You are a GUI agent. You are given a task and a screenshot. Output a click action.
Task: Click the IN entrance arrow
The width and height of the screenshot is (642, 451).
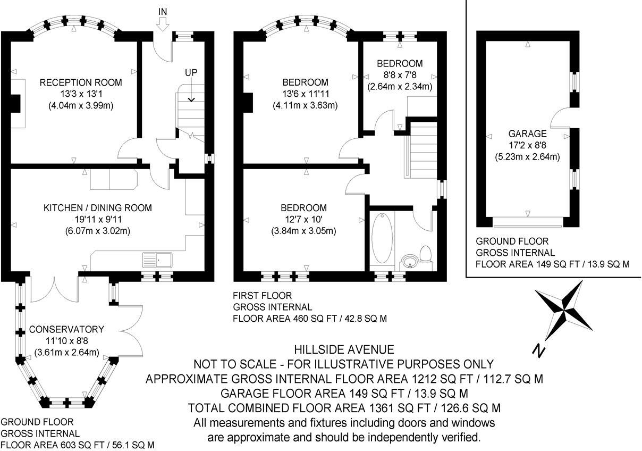163,22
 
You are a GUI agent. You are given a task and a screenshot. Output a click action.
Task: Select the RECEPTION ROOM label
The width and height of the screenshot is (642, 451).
81,82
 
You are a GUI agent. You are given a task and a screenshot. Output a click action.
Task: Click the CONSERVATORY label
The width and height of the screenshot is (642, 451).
66,329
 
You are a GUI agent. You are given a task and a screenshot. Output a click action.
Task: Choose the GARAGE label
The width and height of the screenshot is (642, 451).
527,133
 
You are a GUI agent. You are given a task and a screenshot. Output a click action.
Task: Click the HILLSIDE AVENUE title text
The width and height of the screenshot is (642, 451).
344,349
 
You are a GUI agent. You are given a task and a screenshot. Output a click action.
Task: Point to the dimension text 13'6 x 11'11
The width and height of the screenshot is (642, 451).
305,94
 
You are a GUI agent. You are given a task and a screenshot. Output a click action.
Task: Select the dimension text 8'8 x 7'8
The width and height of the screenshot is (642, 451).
399,75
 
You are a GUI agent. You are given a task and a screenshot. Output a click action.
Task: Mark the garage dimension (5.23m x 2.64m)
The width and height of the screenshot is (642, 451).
527,156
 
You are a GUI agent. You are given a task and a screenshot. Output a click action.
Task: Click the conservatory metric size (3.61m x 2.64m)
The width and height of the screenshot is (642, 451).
67,352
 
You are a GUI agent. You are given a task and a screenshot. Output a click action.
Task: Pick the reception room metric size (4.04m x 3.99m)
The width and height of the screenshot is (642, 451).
81,105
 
